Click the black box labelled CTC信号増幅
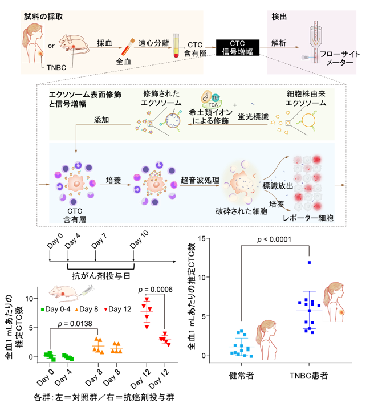(x=237, y=47)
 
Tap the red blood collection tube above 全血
(x=128, y=47)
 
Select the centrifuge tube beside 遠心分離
(x=176, y=46)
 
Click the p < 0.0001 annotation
(x=274, y=239)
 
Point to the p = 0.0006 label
(x=155, y=290)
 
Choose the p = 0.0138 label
(x=75, y=324)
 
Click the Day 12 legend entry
(x=117, y=309)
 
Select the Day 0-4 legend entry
(x=55, y=309)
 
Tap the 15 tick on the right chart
(x=202, y=238)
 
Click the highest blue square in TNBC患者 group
(x=309, y=263)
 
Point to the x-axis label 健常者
(x=241, y=376)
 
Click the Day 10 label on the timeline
(x=140, y=239)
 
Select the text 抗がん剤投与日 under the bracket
(x=101, y=276)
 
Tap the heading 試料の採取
(x=43, y=17)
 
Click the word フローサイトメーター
(x=340, y=58)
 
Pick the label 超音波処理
(x=200, y=180)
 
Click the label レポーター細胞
(x=308, y=218)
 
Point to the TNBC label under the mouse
(x=56, y=67)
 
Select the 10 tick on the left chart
(x=29, y=299)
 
